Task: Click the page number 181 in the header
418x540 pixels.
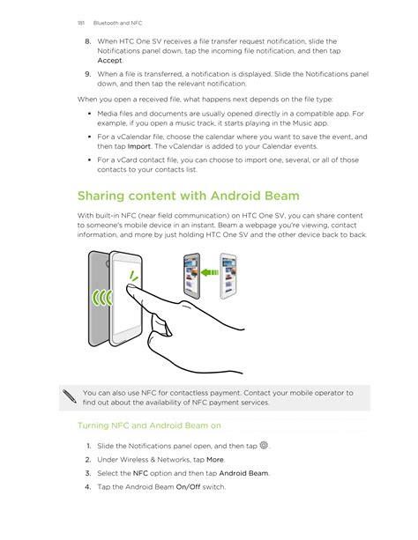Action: click(81, 23)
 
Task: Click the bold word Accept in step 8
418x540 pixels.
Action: click(109, 61)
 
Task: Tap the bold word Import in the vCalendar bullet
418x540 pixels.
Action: click(139, 146)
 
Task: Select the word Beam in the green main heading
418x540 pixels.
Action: click(282, 196)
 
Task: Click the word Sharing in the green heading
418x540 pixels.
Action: click(101, 196)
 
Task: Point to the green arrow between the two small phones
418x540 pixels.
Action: click(210, 272)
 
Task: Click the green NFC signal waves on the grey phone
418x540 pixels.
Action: click(102, 298)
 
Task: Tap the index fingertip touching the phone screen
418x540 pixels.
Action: click(131, 287)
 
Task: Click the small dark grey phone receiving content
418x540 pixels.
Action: click(192, 276)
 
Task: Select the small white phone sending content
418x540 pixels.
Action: click(228, 276)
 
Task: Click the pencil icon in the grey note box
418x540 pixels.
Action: click(70, 396)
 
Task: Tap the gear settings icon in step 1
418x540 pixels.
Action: click(264, 445)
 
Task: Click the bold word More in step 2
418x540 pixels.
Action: click(215, 460)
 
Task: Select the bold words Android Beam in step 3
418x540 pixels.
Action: click(243, 474)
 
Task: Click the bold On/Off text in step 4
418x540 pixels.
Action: click(188, 487)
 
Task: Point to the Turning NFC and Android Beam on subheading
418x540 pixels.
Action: click(149, 425)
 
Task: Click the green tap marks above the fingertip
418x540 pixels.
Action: click(133, 276)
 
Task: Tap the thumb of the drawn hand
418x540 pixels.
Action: click(160, 325)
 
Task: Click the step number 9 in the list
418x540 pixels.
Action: click(88, 74)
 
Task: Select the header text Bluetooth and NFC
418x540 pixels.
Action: click(117, 23)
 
